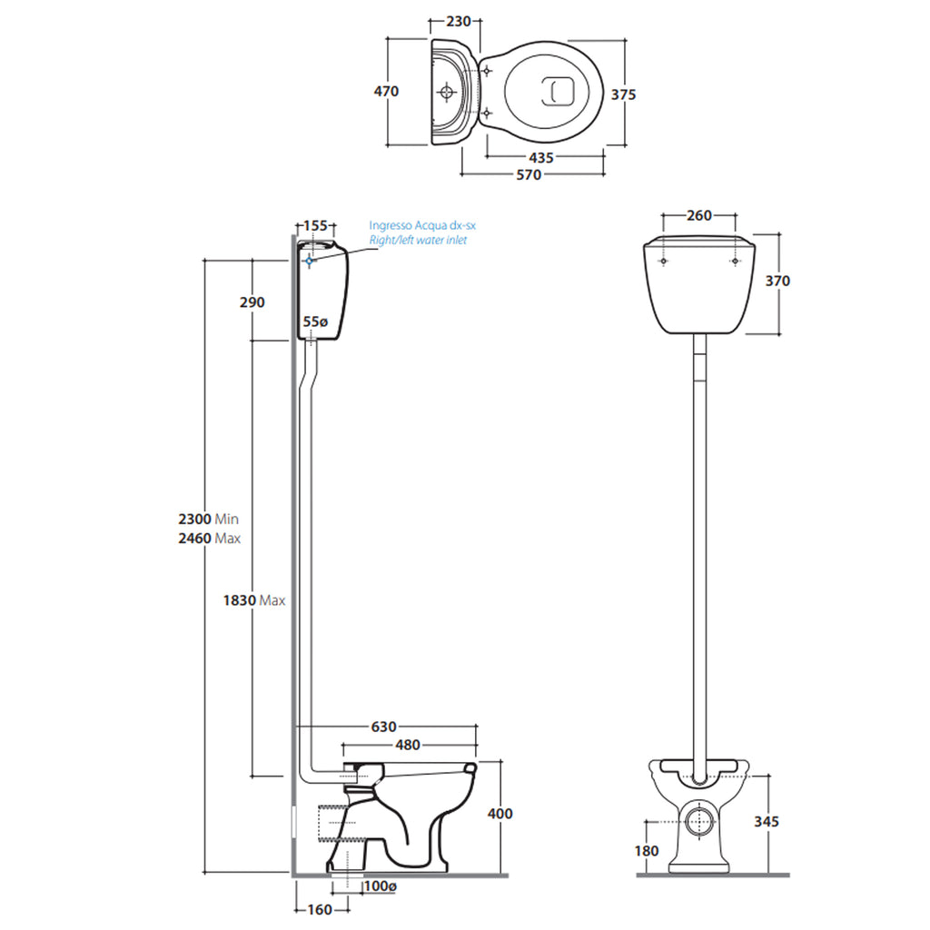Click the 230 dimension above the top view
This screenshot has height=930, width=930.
tap(459, 22)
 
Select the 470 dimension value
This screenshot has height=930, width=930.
tap(386, 92)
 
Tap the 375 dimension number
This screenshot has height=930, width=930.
tap(623, 94)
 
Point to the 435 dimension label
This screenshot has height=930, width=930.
tap(541, 158)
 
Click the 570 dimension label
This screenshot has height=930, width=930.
tap(529, 175)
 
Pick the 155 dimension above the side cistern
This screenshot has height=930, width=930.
tap(315, 226)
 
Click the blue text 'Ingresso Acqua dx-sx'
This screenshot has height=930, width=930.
tap(422, 225)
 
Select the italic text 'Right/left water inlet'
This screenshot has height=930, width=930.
tap(418, 240)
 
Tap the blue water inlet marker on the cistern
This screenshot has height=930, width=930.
tap(309, 261)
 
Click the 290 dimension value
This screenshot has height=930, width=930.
tap(252, 302)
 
